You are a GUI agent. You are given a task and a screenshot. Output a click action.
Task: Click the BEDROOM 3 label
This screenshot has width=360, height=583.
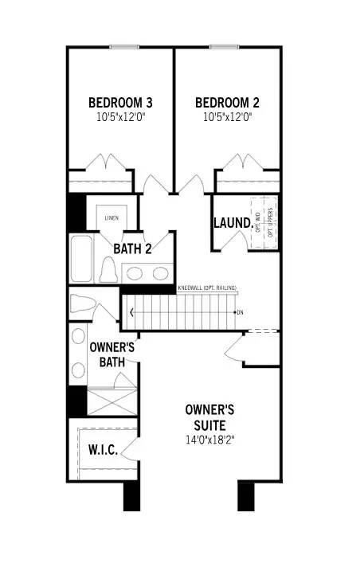tap(120, 103)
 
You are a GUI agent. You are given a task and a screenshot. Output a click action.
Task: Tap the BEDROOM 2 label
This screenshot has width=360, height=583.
tap(227, 103)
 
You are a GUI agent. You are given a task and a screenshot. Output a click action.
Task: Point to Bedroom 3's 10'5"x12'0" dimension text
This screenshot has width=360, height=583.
tap(120, 116)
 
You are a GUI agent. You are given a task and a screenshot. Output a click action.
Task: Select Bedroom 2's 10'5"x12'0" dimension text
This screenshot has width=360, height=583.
tap(227, 116)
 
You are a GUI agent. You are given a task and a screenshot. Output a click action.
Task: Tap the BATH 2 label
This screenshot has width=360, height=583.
tap(131, 248)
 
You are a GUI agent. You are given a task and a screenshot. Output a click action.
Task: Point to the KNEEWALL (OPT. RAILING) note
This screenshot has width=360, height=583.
tap(207, 288)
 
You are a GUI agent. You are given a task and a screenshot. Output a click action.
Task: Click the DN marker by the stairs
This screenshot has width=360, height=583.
tap(240, 311)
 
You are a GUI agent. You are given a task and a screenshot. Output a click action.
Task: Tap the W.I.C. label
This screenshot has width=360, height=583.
tap(103, 451)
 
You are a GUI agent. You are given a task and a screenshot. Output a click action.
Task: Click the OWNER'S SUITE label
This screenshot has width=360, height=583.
tap(209, 417)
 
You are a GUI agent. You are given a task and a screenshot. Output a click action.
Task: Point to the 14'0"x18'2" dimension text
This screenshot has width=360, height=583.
tap(209, 439)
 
